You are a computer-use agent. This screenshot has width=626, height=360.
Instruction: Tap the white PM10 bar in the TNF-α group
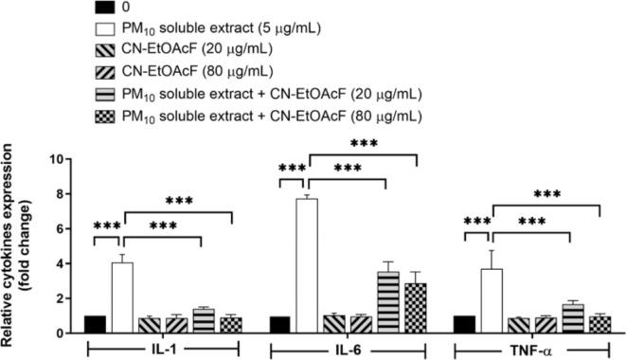point(491,300)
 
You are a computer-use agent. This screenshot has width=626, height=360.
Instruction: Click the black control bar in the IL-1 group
point(95,324)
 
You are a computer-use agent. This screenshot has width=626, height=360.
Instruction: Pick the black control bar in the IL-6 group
point(278,324)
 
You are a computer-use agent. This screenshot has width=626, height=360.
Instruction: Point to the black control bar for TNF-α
point(464,324)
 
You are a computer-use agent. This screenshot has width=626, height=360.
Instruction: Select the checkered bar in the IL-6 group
point(416,308)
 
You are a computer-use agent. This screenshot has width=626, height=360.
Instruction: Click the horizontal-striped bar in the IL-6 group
point(387,302)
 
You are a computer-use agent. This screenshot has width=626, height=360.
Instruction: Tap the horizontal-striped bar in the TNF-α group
point(571,318)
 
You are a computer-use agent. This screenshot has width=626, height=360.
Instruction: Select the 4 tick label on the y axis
point(62,263)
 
